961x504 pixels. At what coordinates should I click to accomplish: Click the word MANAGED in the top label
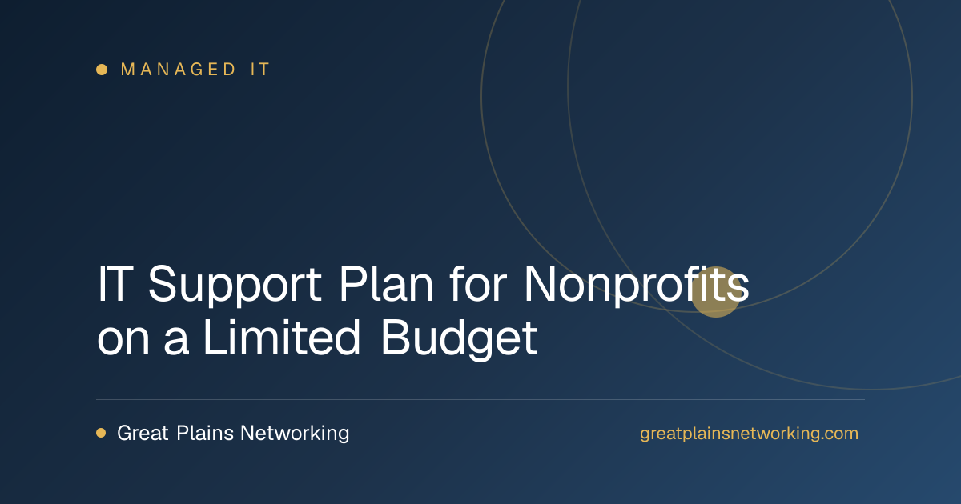coord(178,70)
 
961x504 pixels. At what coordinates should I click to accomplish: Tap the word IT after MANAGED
coord(260,70)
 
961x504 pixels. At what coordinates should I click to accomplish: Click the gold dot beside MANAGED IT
coord(102,70)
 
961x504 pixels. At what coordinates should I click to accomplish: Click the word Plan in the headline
coord(386,284)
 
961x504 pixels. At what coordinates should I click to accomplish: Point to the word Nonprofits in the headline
coord(637,285)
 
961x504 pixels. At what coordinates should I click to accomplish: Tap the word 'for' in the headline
coord(478,284)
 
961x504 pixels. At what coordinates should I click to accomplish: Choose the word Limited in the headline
coord(282,338)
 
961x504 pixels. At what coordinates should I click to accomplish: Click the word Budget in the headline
coord(460,340)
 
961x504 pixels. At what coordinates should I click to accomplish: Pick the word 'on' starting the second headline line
coord(123,343)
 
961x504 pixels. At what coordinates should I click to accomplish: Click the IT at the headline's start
coord(115,284)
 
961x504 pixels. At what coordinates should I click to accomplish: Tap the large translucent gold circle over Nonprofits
coord(715,292)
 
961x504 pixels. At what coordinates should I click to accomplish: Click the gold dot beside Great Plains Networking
coord(101,433)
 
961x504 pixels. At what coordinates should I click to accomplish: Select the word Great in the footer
coord(143,433)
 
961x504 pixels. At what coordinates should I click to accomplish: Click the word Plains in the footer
coord(205,433)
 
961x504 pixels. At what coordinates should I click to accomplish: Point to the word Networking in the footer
coord(295,434)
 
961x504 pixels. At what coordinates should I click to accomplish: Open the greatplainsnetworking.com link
coord(749,434)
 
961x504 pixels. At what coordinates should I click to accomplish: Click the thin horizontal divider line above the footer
coord(480,400)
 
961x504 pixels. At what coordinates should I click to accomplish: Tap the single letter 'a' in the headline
coord(176,343)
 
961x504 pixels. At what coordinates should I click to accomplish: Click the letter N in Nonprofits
coord(540,284)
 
